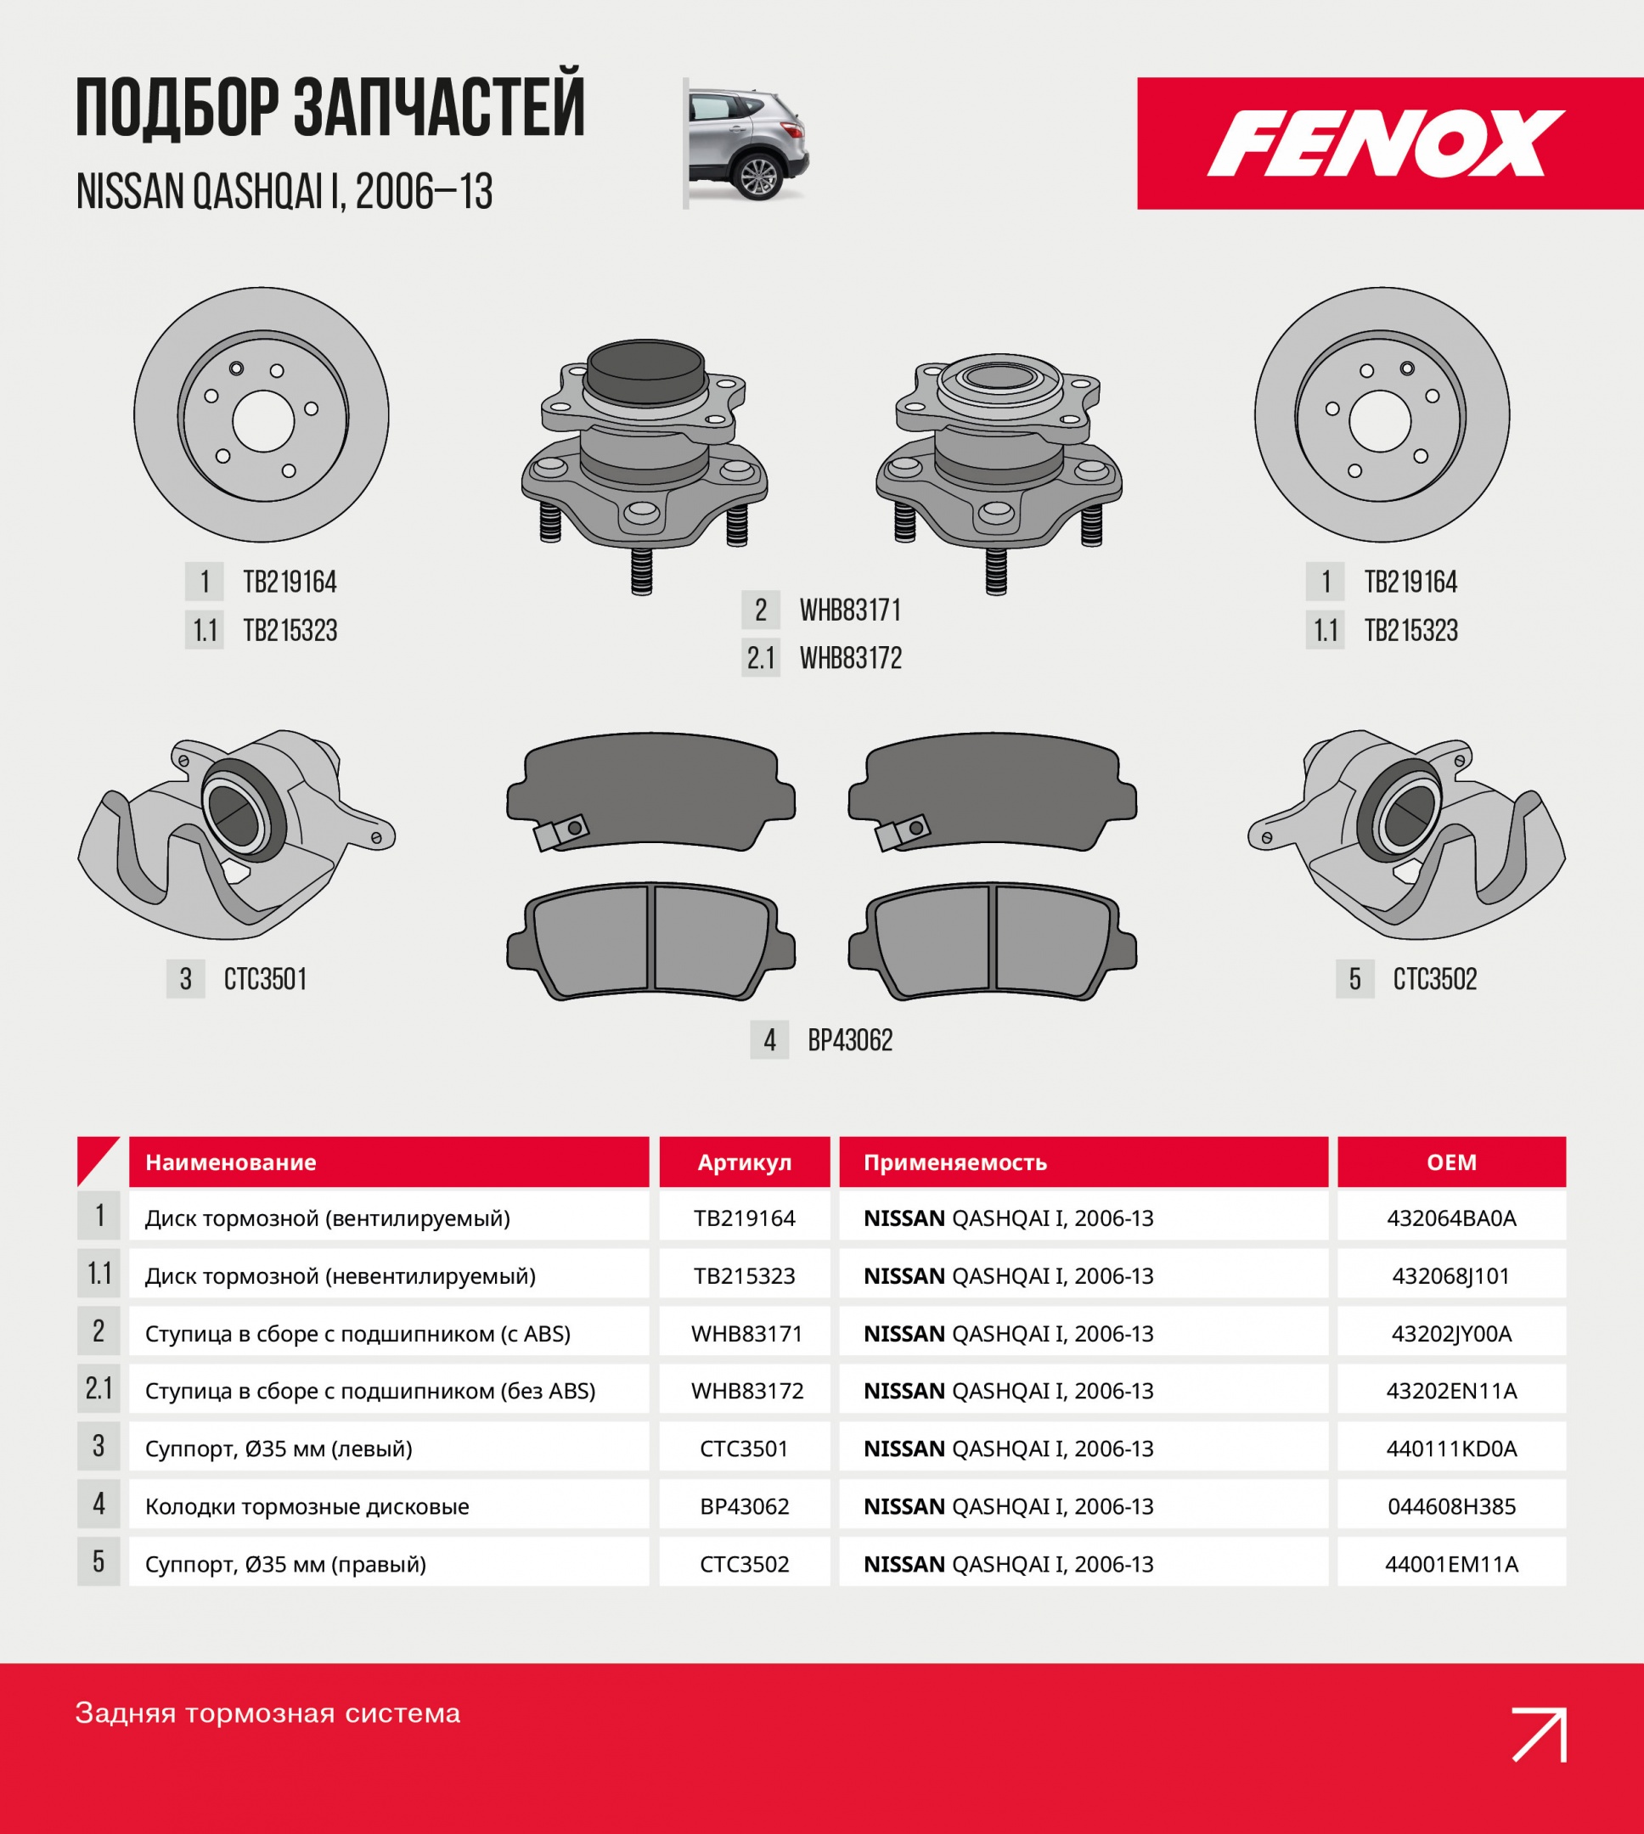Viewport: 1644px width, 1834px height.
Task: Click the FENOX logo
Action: (1386, 143)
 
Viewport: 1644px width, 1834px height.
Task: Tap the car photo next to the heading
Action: (747, 143)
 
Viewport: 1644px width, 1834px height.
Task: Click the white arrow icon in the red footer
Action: (1540, 1734)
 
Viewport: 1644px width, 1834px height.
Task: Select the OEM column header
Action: (1451, 1162)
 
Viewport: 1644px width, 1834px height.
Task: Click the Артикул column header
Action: (745, 1162)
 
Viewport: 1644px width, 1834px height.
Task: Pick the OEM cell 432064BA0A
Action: (1451, 1218)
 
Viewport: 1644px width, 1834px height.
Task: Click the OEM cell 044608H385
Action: (1451, 1506)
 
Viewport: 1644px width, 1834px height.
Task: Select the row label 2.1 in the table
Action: (99, 1389)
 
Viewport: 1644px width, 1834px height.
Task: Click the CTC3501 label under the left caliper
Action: (266, 979)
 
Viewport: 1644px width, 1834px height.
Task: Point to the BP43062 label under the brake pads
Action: (850, 1040)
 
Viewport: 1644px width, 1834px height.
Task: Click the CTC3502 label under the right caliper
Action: (1434, 979)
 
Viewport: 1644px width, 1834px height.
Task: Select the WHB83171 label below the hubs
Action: (850, 610)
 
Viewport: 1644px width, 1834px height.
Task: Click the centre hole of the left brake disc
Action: (264, 421)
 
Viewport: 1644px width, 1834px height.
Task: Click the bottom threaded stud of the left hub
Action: (641, 571)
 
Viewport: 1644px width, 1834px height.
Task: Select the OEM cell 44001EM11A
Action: (1451, 1564)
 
